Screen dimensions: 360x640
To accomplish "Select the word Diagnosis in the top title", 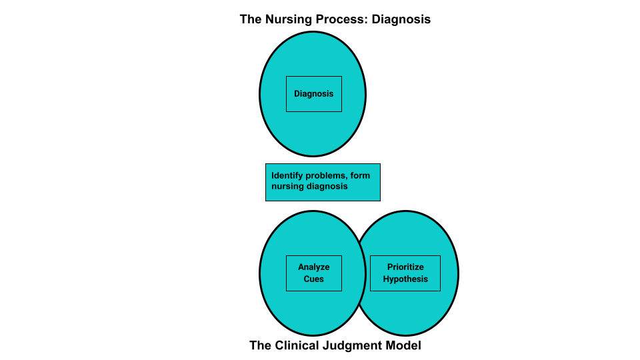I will tap(401, 19).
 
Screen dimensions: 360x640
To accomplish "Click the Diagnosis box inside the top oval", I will tap(314, 94).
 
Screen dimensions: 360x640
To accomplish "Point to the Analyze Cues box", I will tap(314, 273).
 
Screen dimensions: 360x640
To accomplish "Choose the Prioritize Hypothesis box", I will tap(405, 273).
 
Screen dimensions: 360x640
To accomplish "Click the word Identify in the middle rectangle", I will tap(289, 176).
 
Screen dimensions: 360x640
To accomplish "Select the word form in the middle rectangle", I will tap(361, 176).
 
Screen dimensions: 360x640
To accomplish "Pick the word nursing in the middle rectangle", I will tap(287, 187).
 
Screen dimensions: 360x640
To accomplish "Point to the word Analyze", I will tap(314, 267).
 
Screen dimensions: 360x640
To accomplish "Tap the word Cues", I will tap(314, 279).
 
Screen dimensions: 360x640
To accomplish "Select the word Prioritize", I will tap(405, 267).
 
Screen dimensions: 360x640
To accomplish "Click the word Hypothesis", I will tap(405, 279).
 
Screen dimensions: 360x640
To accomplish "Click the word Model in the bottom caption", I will tap(405, 345).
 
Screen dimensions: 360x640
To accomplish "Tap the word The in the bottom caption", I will tap(260, 345).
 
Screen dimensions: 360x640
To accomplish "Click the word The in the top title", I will tap(251, 19).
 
